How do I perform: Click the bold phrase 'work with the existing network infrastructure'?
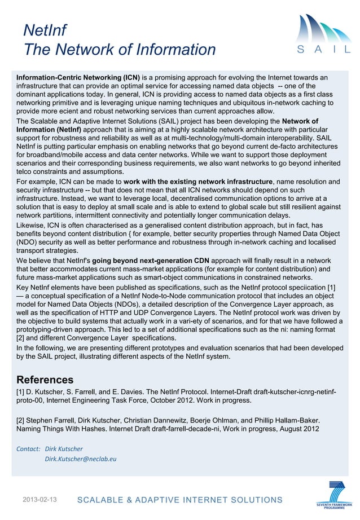(198, 182)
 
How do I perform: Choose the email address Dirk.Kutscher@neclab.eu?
(80, 459)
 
